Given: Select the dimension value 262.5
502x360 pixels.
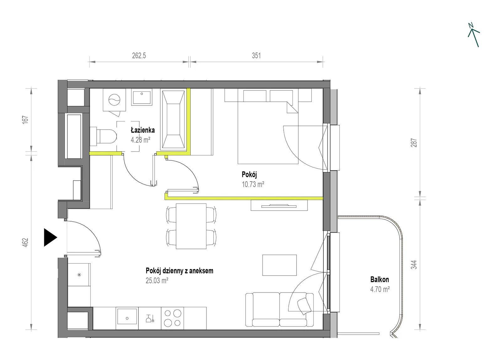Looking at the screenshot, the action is point(139,55).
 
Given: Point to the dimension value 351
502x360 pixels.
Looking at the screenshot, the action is point(256,55).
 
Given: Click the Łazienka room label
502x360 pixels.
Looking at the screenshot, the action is point(143,130).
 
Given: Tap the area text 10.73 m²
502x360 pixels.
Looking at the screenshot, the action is point(253,185).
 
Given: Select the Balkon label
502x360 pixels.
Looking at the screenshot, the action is point(380,280).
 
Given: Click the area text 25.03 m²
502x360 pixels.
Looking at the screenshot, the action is point(157,280).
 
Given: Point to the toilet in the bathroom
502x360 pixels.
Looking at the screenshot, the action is point(103,136).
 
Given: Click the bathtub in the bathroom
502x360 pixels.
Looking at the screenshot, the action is point(173,120).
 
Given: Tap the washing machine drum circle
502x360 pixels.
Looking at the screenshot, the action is point(115,100).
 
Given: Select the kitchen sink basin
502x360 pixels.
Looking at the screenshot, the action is point(127,316).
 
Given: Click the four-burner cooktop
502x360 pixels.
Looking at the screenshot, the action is point(172,318).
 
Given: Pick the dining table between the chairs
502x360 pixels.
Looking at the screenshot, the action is point(191,226).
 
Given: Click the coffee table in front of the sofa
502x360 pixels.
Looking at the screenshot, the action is point(280,265).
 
